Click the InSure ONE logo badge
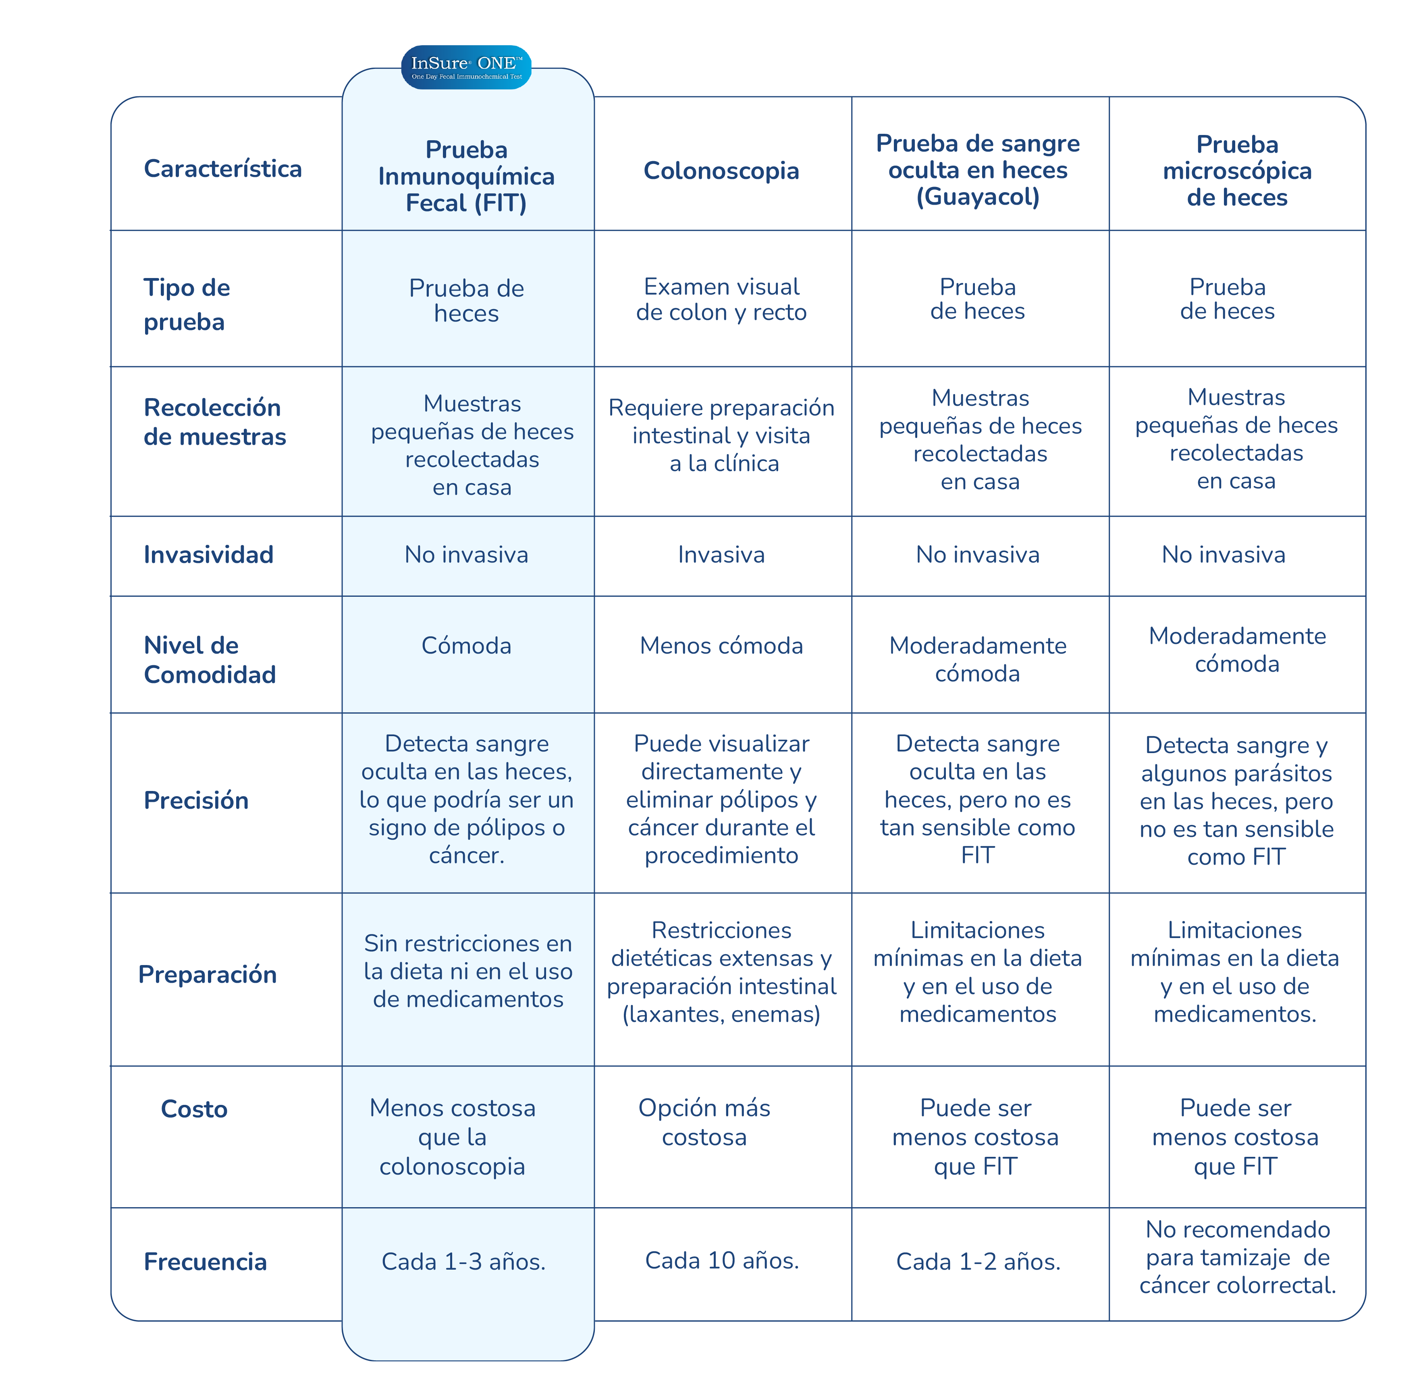coord(466,68)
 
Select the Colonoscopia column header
coord(721,170)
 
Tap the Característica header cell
coord(222,168)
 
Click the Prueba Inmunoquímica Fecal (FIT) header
coord(467,176)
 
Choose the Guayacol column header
coord(978,170)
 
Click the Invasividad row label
coord(209,555)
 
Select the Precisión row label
coord(196,800)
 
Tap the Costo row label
coord(194,1109)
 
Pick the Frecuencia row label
coord(205,1262)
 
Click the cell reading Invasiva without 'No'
coord(721,555)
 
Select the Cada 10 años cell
coord(721,1261)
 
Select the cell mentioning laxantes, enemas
coord(721,972)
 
